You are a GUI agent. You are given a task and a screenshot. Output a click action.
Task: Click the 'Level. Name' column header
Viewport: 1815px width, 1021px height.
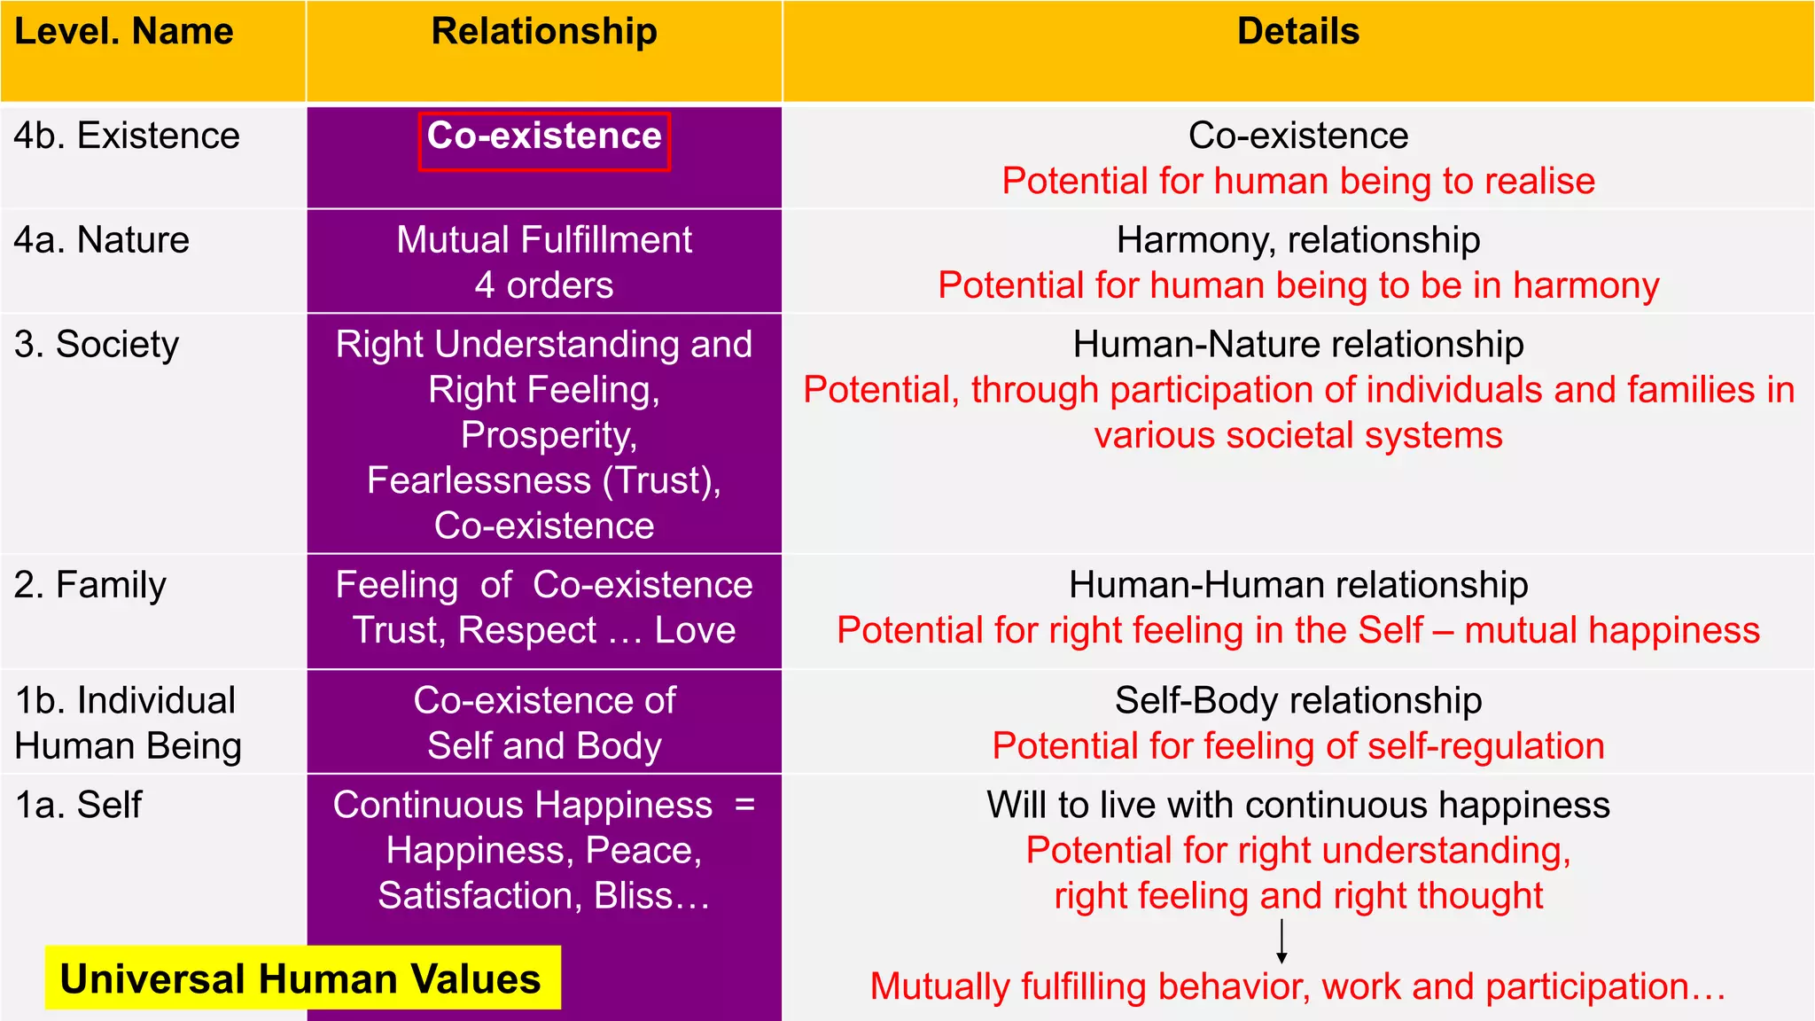[x=124, y=32]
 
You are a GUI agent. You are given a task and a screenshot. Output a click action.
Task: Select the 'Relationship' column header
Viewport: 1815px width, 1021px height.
[x=544, y=32]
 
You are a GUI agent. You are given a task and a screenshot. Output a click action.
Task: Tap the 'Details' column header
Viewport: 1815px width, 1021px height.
[x=1297, y=32]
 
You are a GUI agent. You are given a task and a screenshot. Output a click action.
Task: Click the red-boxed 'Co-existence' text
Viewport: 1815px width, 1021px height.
[x=544, y=136]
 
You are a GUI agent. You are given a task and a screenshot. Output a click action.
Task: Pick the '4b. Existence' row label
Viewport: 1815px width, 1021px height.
[x=127, y=136]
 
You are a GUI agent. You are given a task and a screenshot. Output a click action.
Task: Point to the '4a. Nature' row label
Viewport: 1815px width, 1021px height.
[x=102, y=240]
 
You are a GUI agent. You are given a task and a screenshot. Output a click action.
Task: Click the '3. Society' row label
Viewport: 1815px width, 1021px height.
[x=97, y=345]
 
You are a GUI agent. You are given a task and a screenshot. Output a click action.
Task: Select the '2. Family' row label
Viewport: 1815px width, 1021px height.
[x=90, y=585]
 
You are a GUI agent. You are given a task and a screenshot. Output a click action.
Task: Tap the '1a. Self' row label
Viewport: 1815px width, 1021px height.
[x=79, y=805]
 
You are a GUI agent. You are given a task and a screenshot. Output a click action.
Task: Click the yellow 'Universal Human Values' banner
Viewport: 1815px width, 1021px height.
[x=301, y=978]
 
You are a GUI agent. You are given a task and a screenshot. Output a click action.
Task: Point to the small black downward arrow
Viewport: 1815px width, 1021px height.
[x=1281, y=942]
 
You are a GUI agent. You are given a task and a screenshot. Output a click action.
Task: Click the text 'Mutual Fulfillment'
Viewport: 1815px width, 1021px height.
[x=544, y=240]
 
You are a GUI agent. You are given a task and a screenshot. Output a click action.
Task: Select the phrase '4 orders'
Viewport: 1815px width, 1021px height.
[x=544, y=285]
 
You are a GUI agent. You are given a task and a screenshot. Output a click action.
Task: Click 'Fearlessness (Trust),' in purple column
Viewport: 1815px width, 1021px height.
[x=544, y=480]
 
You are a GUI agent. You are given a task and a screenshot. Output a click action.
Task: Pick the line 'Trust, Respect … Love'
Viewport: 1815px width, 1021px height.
[x=544, y=630]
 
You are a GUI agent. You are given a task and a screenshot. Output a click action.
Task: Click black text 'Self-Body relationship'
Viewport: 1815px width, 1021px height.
[x=1297, y=700]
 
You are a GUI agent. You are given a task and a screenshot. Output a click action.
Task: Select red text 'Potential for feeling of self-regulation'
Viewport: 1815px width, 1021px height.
[x=1297, y=746]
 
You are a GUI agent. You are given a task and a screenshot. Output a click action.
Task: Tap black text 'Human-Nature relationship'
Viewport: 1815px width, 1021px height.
[x=1297, y=345]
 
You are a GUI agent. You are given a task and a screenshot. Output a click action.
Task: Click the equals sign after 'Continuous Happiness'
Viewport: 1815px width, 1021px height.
[x=744, y=805]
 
